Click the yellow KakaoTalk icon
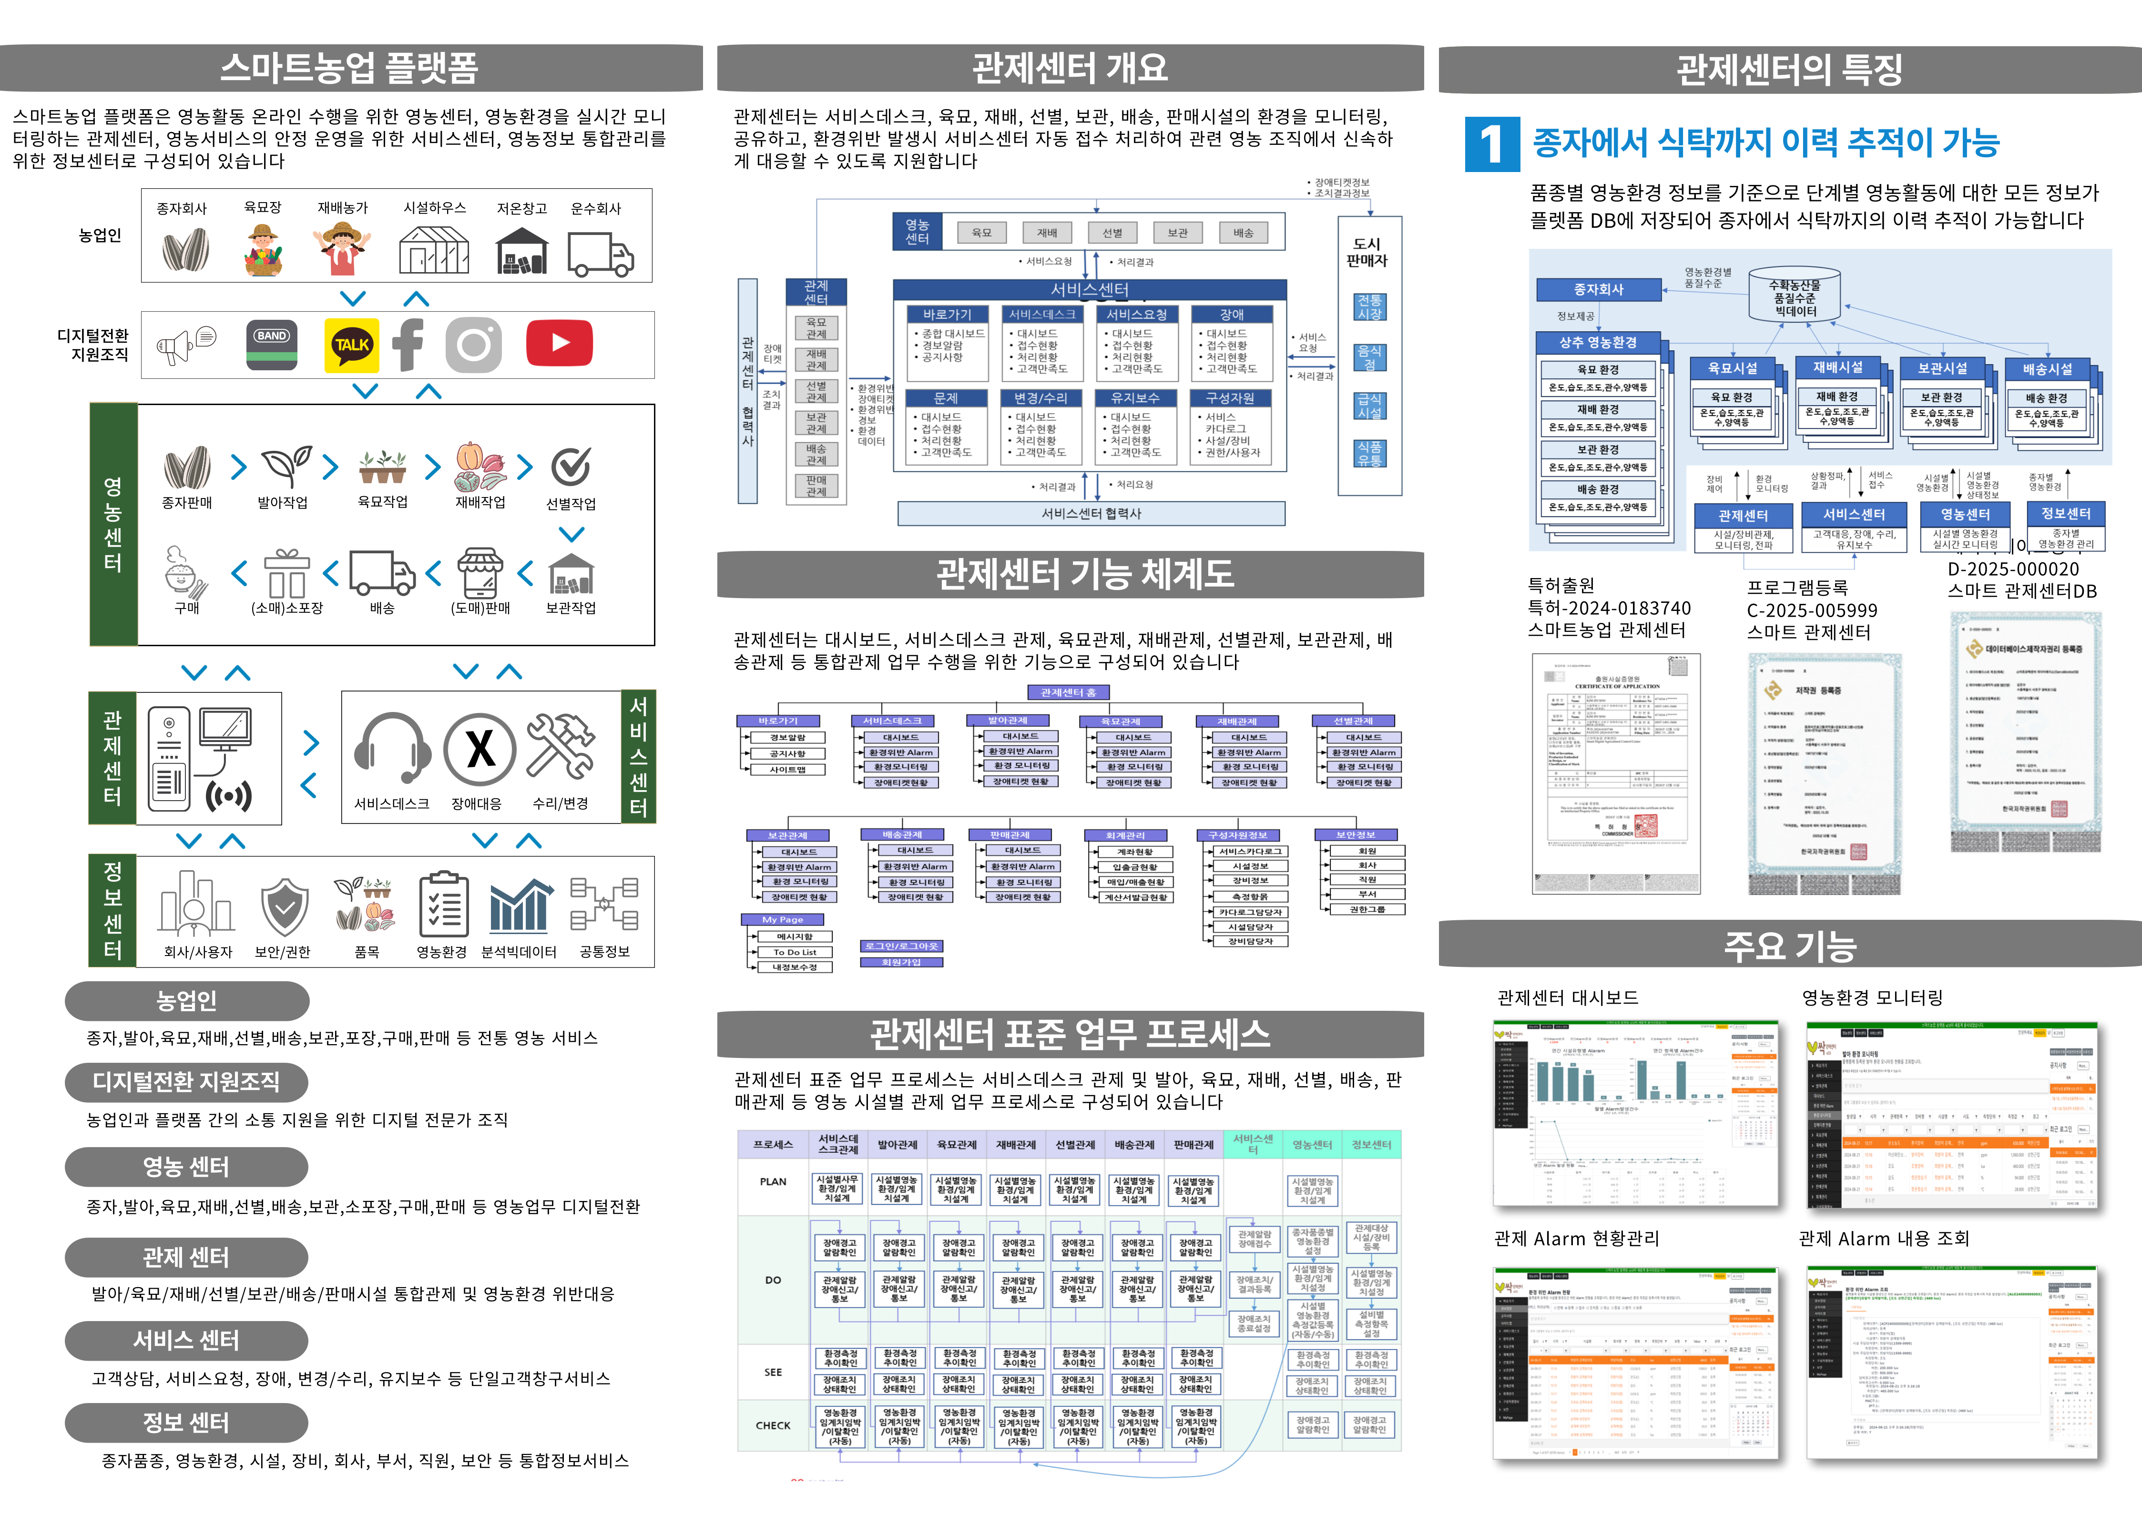[x=352, y=345]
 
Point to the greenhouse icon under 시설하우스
[x=434, y=249]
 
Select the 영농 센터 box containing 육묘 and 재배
[x=917, y=231]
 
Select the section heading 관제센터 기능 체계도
[x=1085, y=574]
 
